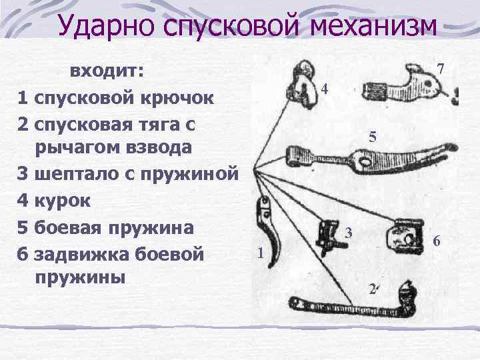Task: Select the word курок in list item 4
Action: [x=59, y=199]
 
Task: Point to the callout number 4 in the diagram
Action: [x=324, y=89]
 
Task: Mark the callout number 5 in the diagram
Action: [x=373, y=138]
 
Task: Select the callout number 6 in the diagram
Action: [x=437, y=241]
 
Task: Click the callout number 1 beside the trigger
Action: [x=260, y=253]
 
